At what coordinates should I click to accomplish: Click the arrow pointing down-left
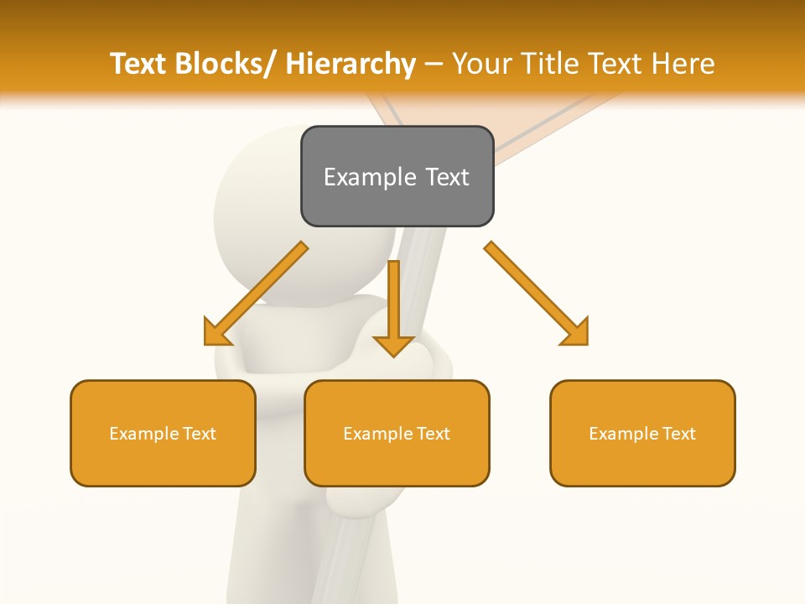click(x=256, y=294)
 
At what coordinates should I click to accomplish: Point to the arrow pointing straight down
click(x=393, y=306)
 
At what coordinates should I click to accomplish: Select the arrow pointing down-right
click(x=537, y=294)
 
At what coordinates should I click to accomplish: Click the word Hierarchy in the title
click(x=351, y=64)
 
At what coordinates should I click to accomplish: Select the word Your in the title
click(x=481, y=64)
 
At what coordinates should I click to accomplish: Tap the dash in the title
click(x=434, y=65)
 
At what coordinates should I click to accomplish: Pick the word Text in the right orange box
click(x=678, y=434)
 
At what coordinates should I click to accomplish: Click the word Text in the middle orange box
click(x=432, y=434)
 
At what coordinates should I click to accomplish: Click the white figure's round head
click(x=260, y=201)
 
